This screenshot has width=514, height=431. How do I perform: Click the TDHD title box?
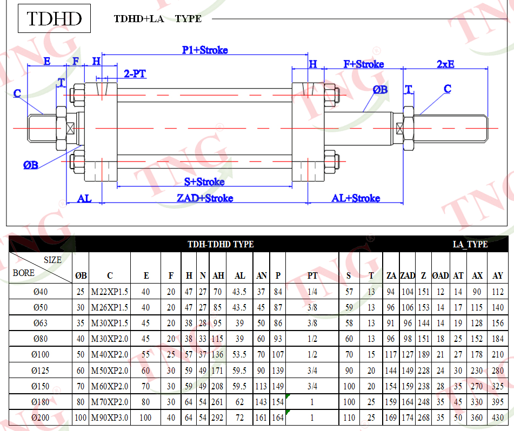point(54,18)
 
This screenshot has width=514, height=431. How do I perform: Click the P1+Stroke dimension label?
point(205,50)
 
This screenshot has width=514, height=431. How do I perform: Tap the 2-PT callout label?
point(135,73)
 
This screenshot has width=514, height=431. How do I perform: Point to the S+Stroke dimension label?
point(204,182)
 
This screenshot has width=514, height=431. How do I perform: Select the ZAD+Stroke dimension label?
point(205,198)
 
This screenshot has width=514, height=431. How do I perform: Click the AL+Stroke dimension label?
point(356,198)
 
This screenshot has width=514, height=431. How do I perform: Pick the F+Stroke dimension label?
point(364,64)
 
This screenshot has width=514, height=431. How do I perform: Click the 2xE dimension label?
point(445,64)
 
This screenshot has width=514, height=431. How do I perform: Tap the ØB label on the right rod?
point(381,90)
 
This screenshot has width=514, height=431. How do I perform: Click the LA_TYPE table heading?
point(470,244)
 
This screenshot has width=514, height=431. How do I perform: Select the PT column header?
point(312,276)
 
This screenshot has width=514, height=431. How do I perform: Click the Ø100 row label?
point(41,354)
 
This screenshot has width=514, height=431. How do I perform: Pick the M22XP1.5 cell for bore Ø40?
point(110,292)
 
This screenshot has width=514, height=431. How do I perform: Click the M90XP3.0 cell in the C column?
point(110,417)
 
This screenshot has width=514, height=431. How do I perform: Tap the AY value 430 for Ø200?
point(498,417)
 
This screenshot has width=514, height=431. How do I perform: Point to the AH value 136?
point(217,354)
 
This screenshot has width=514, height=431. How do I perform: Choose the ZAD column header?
point(408,276)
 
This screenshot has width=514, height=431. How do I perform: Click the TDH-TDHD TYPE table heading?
point(221,244)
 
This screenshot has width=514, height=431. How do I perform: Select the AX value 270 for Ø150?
point(477,386)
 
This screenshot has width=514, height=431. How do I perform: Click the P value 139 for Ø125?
point(278,371)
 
